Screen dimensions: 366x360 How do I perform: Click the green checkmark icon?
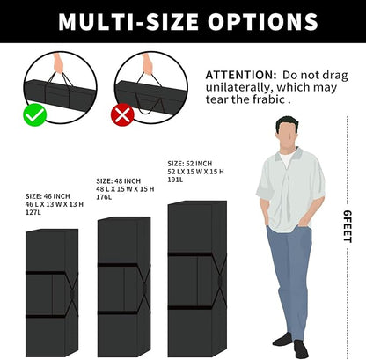point(35,114)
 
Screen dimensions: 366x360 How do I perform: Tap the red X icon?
point(122,114)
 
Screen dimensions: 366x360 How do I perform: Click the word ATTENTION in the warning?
point(241,75)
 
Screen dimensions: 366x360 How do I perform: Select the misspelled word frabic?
point(266,99)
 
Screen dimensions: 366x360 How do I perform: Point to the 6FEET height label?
point(348,226)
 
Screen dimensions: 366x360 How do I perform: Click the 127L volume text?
point(33,212)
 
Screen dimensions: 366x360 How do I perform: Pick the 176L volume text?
point(104,197)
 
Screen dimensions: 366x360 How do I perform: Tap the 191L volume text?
point(175,180)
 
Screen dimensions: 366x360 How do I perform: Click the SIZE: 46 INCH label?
point(48,196)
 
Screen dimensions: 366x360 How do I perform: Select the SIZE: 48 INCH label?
point(118,180)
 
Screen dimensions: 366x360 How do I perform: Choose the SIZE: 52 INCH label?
point(189,164)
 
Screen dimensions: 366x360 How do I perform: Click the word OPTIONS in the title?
point(263,22)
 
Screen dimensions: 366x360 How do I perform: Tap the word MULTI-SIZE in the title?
point(128,22)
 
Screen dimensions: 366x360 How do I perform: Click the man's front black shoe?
point(301,349)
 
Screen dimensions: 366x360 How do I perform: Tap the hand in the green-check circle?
point(58,62)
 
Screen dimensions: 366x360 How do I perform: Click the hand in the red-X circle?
point(147,63)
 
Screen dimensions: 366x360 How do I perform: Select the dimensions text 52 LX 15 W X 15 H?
point(195,172)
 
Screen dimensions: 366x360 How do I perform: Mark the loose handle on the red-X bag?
point(150,106)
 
